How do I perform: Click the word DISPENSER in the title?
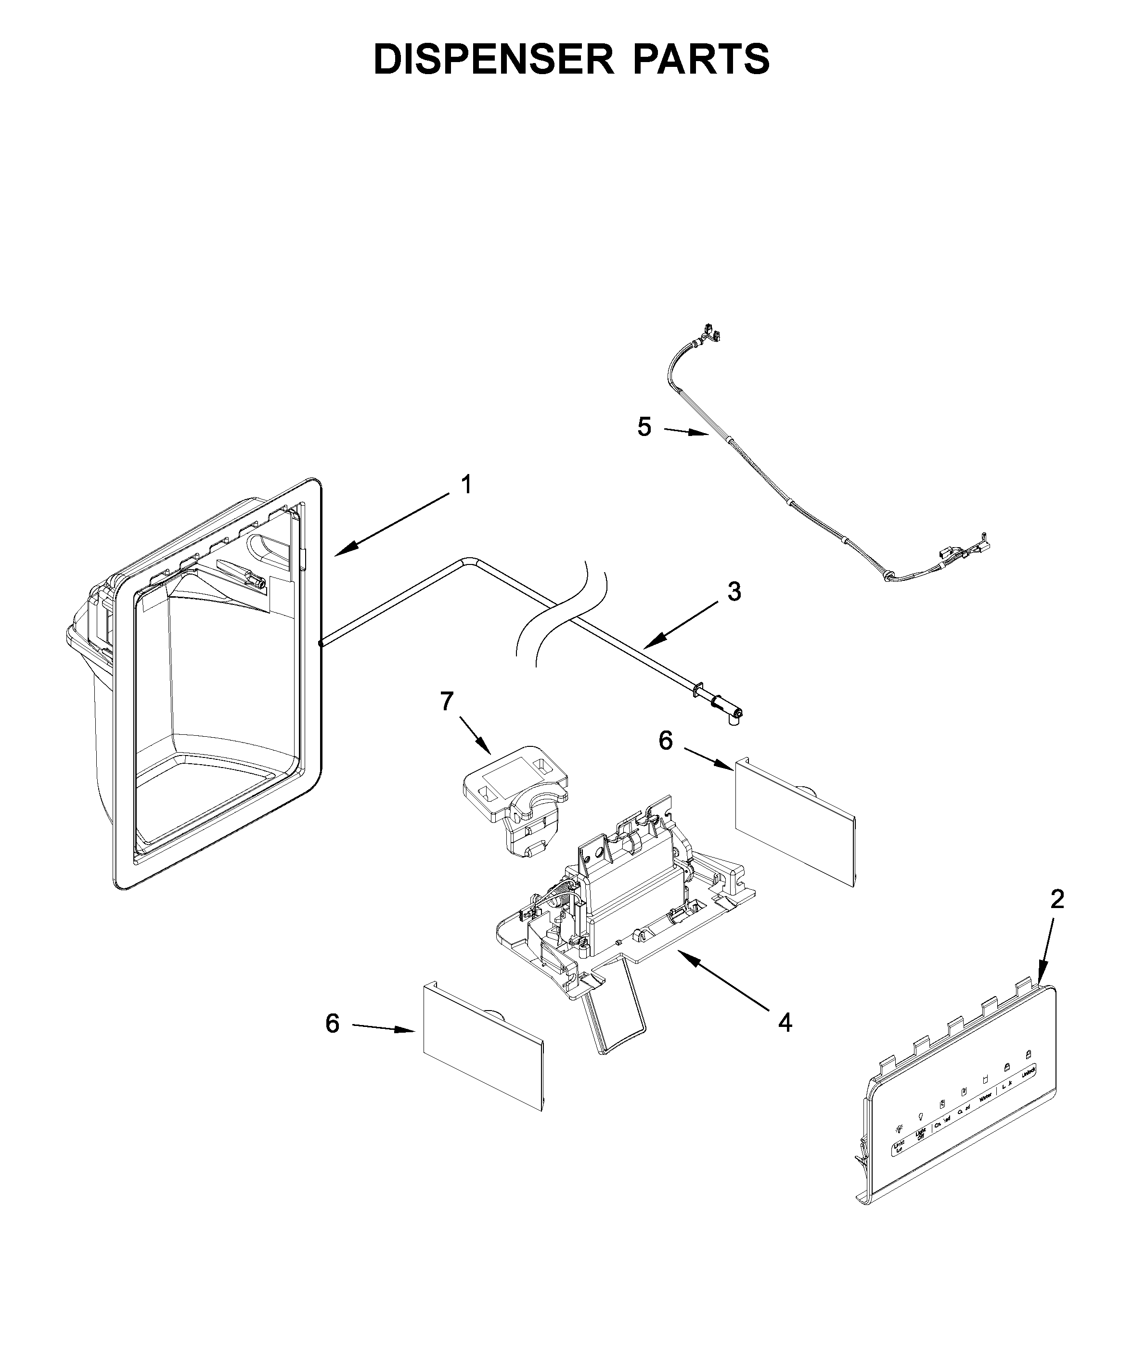tap(493, 59)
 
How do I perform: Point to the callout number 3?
tap(734, 592)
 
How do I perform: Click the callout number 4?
tap(785, 1023)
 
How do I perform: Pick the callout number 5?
tap(644, 427)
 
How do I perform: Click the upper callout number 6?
tap(665, 741)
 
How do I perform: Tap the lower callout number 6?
tap(332, 1024)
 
